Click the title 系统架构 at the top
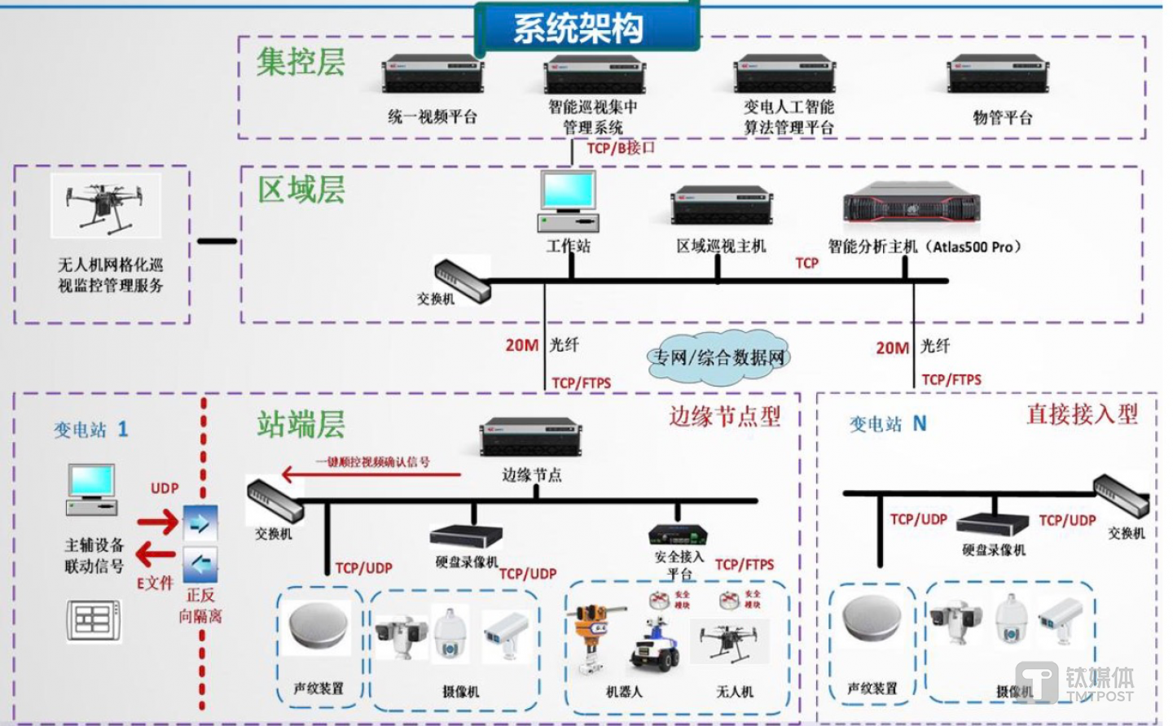coord(578,28)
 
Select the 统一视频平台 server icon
coord(433,74)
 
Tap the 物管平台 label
coord(1002,118)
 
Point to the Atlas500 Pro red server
coord(911,203)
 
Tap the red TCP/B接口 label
coord(621,148)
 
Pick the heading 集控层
coord(301,62)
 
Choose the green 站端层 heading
coord(301,424)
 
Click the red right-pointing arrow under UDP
coord(157,522)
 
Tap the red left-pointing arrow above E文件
coord(156,555)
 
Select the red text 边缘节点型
coord(724,417)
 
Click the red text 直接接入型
coord(1082,414)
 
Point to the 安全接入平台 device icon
coord(678,535)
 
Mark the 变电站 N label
coord(888,424)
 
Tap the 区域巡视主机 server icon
coord(722,205)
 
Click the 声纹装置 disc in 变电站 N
coord(871,620)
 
